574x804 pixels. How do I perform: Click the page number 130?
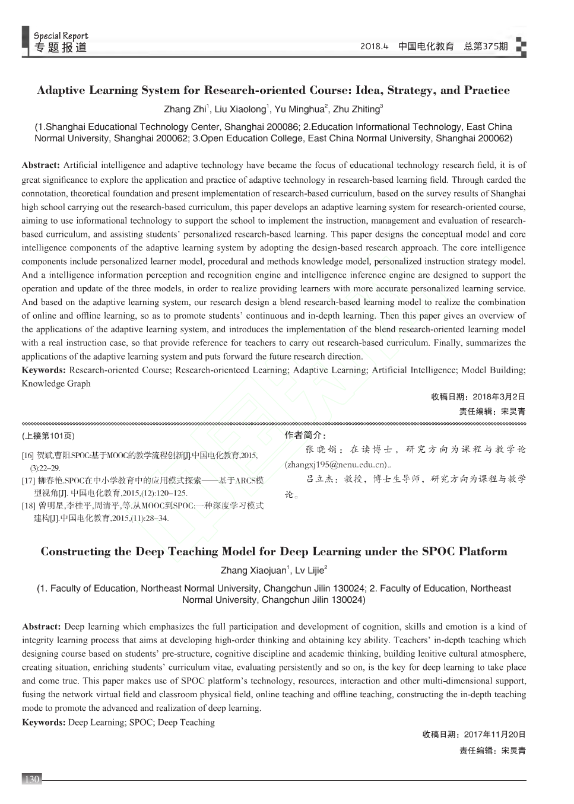pos(31,779)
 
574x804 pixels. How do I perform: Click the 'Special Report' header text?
pos(61,36)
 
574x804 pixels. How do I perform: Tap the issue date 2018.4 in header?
pos(374,46)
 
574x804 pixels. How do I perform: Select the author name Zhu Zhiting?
pos(356,109)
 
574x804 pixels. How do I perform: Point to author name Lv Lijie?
pos(310,571)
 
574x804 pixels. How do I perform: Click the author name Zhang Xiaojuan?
pos(253,571)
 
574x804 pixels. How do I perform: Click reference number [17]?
pos(28,481)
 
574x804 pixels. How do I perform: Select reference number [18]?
pos(28,506)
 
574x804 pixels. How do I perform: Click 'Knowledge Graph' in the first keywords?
pos(56,383)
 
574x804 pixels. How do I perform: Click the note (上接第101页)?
pos(49,436)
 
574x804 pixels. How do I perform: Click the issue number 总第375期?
pos(486,46)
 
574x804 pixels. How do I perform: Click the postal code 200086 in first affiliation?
pos(284,127)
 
